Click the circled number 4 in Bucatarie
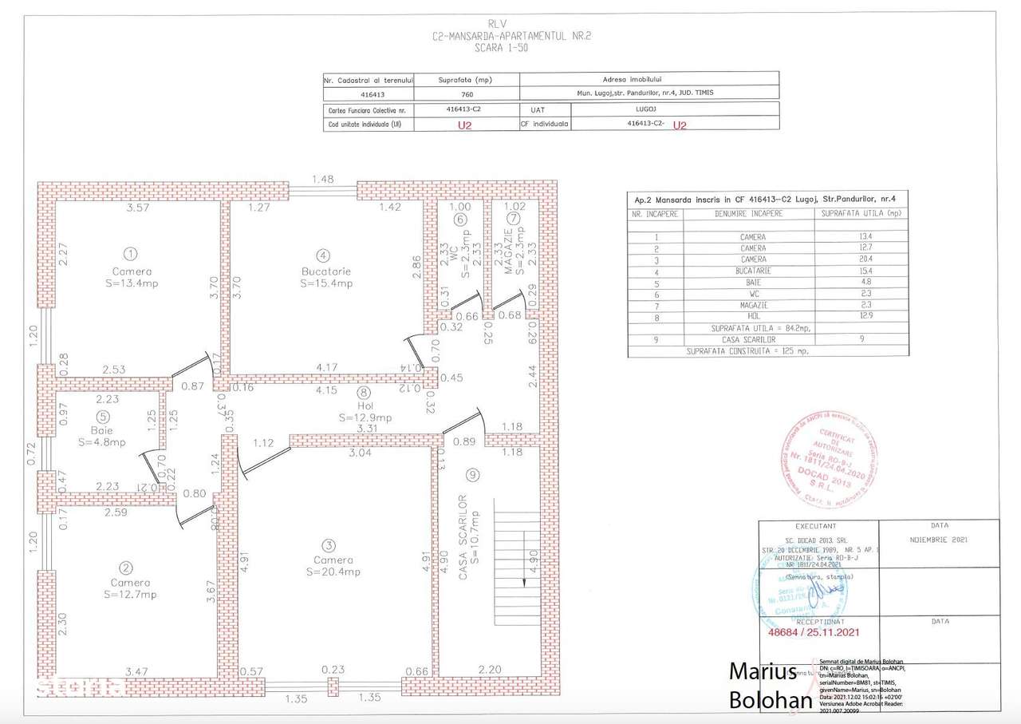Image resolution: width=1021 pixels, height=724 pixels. [322, 255]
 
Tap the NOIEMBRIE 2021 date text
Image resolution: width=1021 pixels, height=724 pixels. [939, 540]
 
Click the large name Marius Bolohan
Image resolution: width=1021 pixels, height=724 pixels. [769, 685]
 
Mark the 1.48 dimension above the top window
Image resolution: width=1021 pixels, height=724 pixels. [322, 180]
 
